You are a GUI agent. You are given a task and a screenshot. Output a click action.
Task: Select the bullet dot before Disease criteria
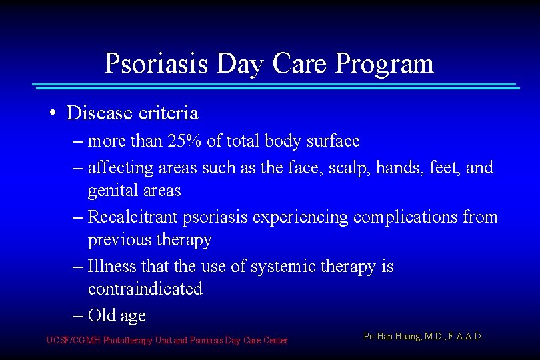click(52, 114)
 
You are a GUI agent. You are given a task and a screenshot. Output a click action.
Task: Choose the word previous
click(119, 239)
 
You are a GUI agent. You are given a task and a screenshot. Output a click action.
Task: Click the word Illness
click(114, 267)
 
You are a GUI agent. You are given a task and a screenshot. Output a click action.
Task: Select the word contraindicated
click(145, 289)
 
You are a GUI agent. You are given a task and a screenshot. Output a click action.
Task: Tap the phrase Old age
click(117, 315)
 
